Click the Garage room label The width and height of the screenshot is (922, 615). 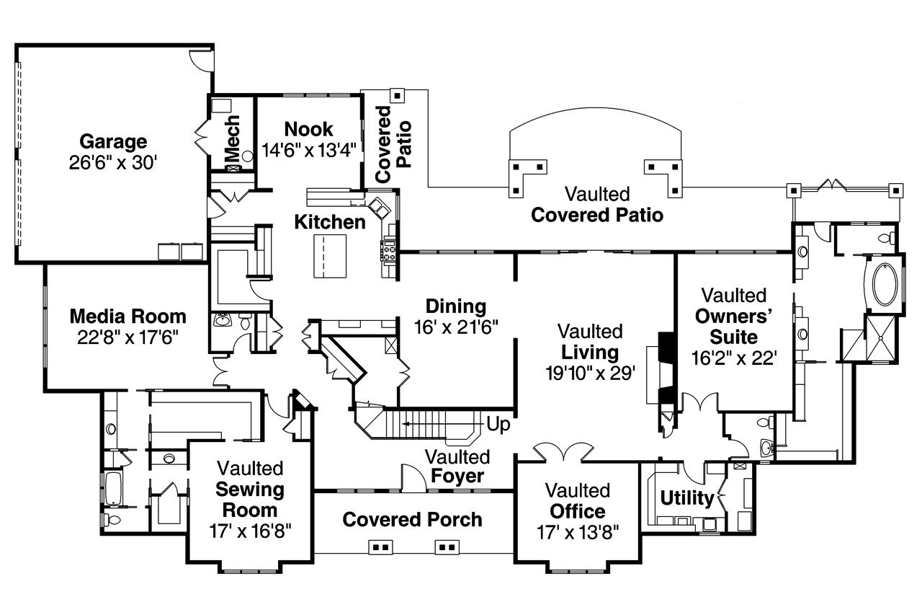pyautogui.click(x=113, y=141)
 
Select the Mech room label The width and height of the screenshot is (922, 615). pyautogui.click(x=232, y=138)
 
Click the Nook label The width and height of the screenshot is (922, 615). pyautogui.click(x=308, y=129)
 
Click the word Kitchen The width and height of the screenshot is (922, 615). pyautogui.click(x=330, y=222)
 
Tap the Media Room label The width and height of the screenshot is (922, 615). pyautogui.click(x=127, y=316)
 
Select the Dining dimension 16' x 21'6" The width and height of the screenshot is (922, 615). pyautogui.click(x=456, y=326)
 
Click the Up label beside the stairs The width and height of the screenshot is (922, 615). pyautogui.click(x=498, y=425)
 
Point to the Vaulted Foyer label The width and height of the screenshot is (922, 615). pyautogui.click(x=457, y=466)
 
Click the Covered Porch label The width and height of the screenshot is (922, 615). pyautogui.click(x=413, y=519)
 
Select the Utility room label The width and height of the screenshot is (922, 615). pyautogui.click(x=686, y=498)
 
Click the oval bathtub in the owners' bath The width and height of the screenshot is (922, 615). pyautogui.click(x=885, y=286)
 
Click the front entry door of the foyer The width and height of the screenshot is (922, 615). pyautogui.click(x=411, y=478)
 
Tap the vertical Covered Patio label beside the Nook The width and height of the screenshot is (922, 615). pyautogui.click(x=393, y=137)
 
